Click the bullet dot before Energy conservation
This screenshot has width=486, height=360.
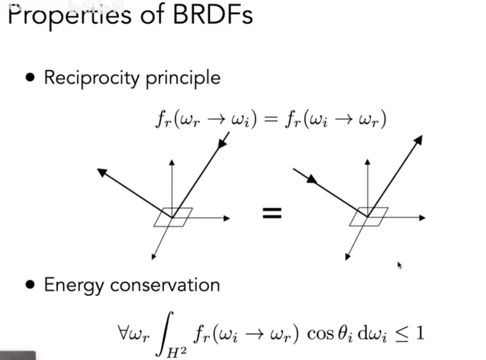coord(30,285)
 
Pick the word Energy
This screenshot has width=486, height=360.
coord(74,286)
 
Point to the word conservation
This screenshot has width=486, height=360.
coord(165,285)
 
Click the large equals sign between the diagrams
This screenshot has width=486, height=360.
coord(272,213)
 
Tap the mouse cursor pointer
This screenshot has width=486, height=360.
coord(399,265)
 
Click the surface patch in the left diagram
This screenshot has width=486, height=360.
coord(173,217)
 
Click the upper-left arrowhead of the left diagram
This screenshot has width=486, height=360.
coord(102,172)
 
